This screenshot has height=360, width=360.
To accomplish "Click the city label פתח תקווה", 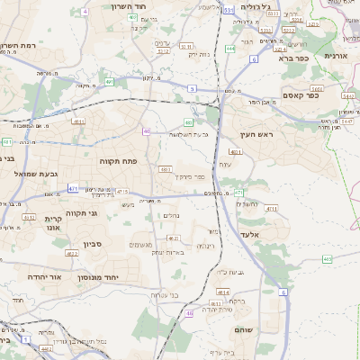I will (117, 159).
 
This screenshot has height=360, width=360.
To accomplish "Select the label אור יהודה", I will (42, 276).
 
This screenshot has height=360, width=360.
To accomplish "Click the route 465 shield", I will (327, 259).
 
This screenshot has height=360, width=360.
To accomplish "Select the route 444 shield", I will (230, 49).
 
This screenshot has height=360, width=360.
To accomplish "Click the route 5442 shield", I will (317, 89).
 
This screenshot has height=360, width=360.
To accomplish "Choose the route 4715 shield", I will (122, 192).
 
